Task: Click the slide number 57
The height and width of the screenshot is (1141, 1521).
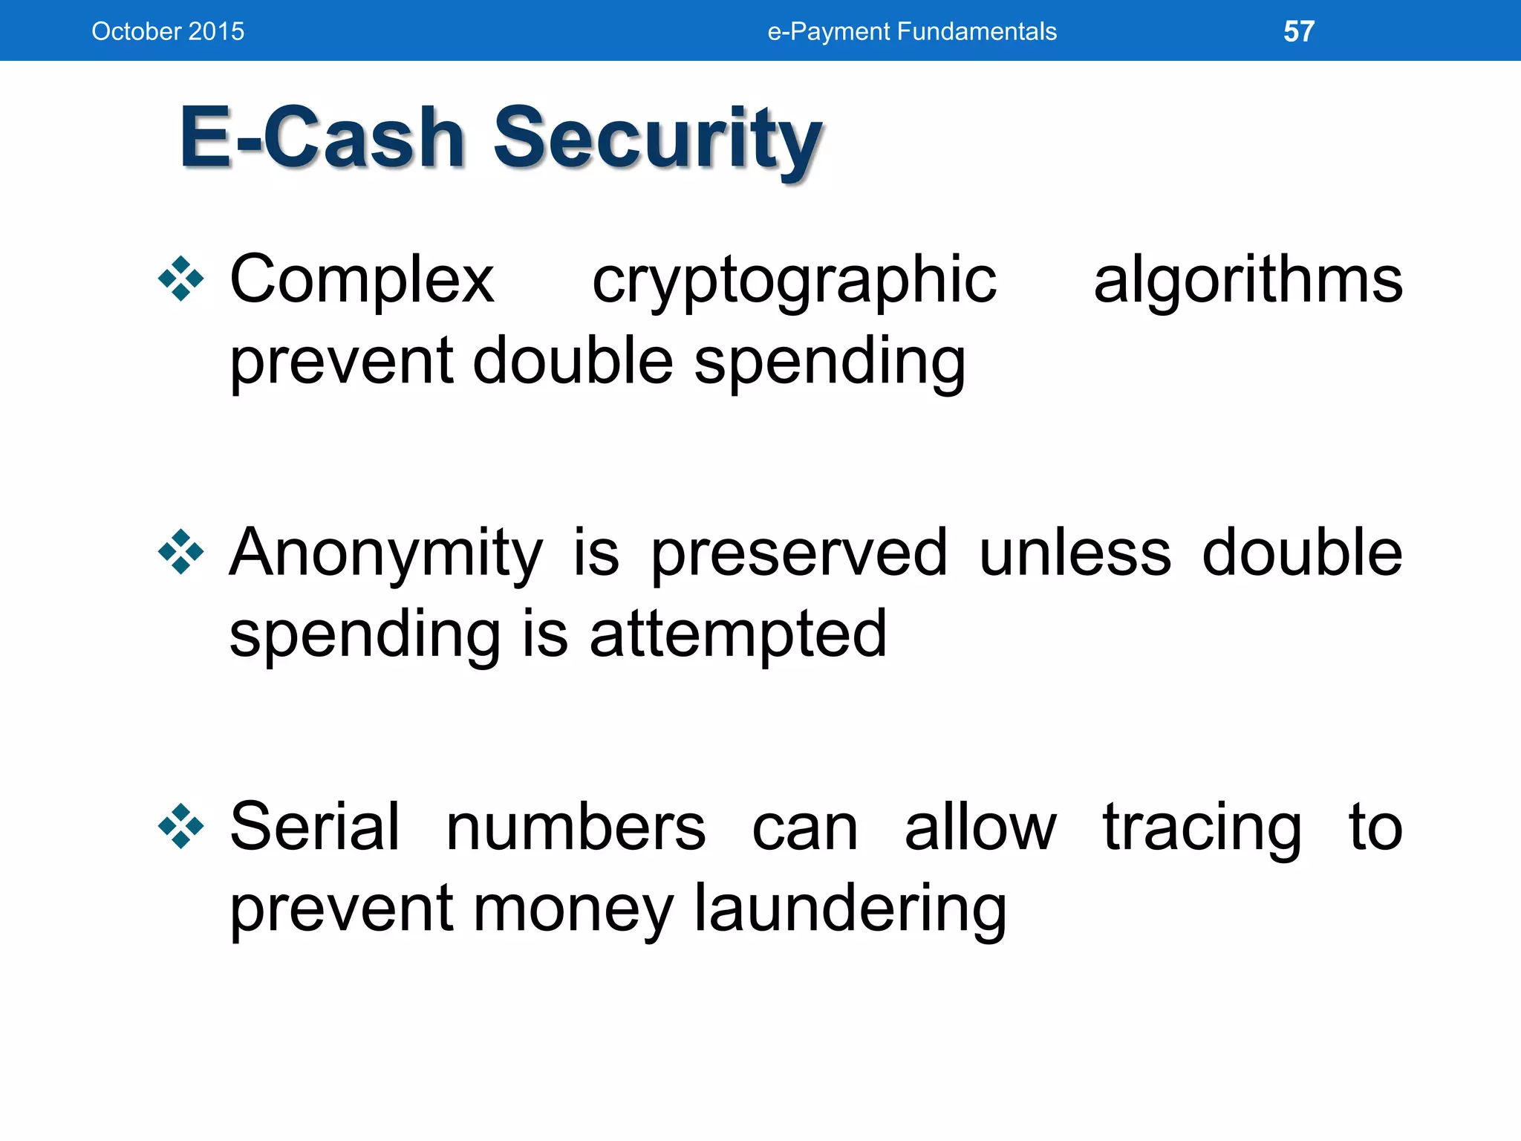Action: click(1298, 31)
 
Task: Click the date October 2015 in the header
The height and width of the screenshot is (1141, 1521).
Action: click(168, 31)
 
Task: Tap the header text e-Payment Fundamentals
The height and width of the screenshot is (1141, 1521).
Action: click(911, 31)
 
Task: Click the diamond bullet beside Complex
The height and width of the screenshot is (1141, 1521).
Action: click(180, 279)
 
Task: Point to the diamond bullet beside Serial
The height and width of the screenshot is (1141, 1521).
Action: click(180, 826)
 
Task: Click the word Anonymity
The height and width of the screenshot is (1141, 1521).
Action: click(385, 554)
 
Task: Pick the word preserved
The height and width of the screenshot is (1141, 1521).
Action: click(799, 554)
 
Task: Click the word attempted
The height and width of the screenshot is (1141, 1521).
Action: click(737, 634)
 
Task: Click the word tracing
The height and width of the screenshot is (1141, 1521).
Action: click(1201, 828)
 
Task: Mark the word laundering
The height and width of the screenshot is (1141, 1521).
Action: click(850, 909)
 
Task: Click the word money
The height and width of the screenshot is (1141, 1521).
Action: click(573, 911)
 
